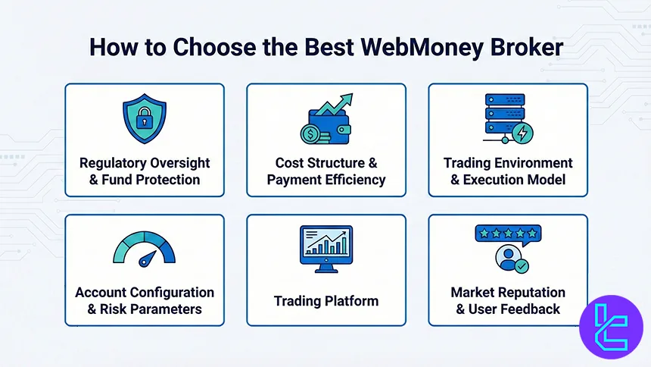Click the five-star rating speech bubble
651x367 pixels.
pos(508,234)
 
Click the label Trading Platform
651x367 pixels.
pos(325,301)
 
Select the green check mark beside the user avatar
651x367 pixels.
pos(522,266)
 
